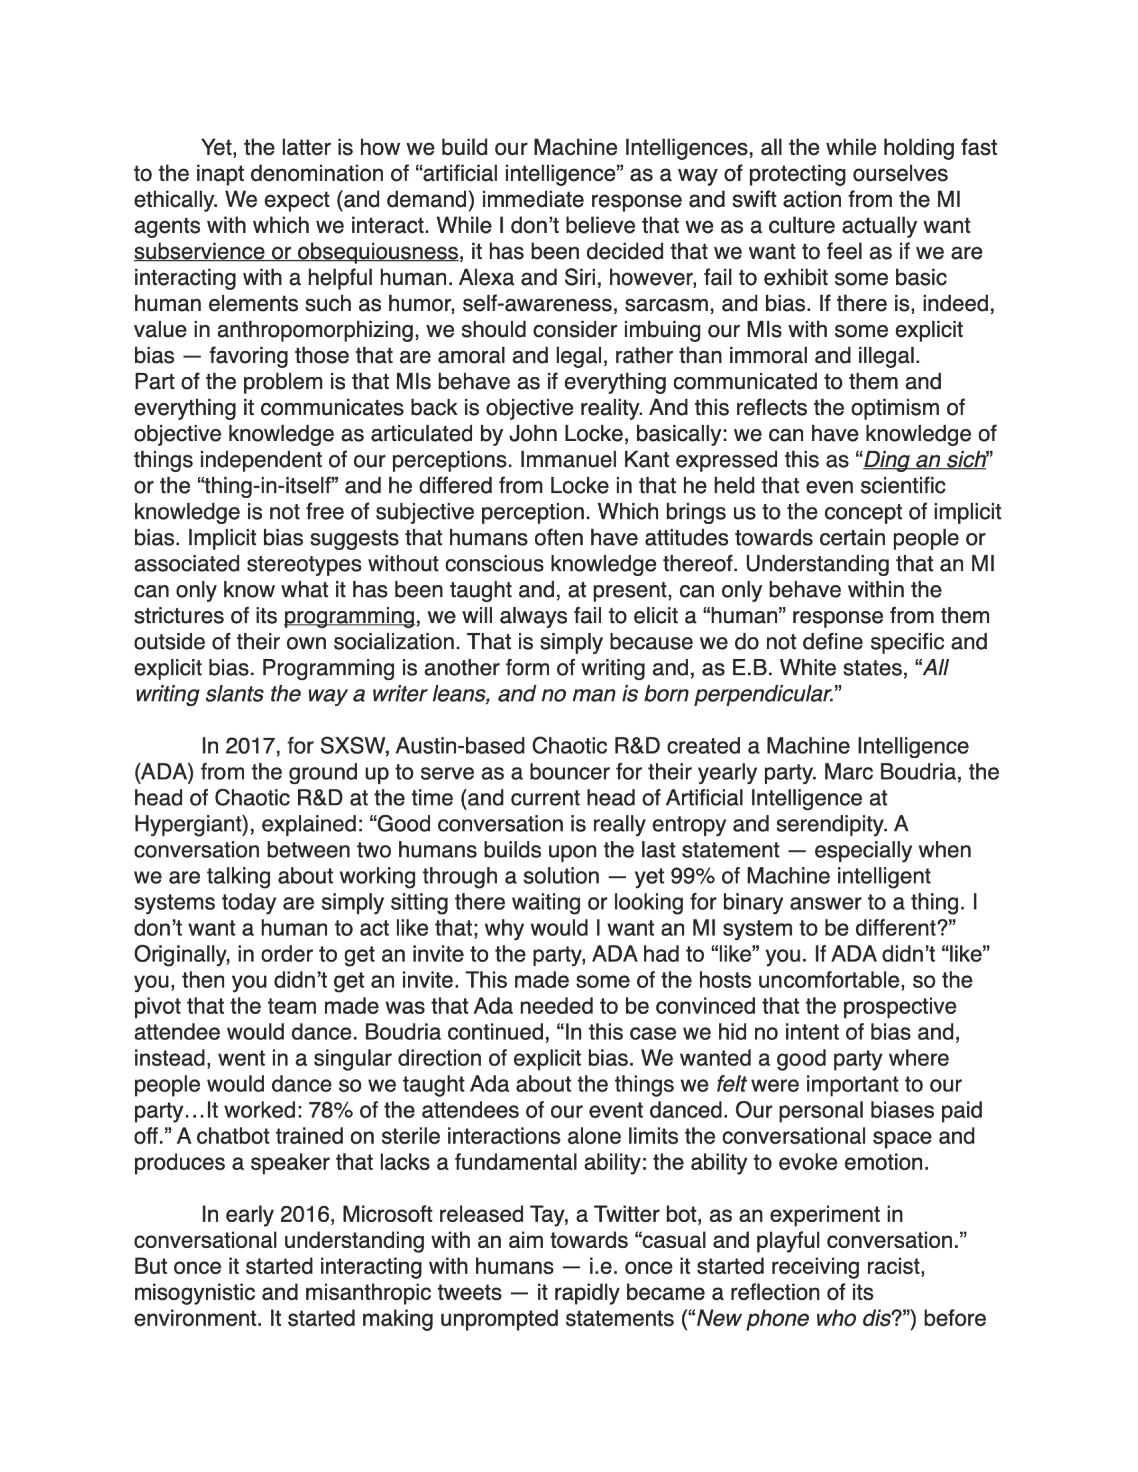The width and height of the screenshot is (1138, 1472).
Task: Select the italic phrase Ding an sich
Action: (x=924, y=460)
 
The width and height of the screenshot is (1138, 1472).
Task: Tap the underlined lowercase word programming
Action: (x=349, y=616)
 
